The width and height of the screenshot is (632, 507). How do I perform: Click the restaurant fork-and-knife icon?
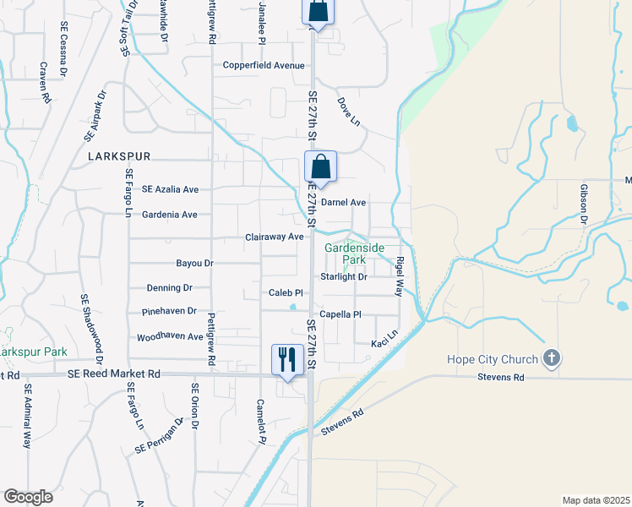click(286, 359)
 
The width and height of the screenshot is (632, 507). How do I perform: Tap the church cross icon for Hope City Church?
click(553, 357)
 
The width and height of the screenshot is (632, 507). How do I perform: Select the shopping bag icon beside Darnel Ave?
click(320, 165)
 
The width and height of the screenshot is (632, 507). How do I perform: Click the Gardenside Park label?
click(355, 253)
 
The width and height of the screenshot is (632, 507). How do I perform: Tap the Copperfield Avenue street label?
click(263, 65)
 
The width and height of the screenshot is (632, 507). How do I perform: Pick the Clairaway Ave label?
click(274, 237)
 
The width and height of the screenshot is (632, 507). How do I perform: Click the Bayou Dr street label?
click(195, 264)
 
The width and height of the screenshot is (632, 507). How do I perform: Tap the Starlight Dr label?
click(344, 276)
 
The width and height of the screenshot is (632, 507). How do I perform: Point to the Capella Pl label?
click(340, 314)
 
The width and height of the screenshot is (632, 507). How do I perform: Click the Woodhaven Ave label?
click(170, 336)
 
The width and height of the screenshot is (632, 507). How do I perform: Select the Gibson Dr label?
click(583, 204)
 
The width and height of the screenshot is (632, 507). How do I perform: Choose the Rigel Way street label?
click(400, 276)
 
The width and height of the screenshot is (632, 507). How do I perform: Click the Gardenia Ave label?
click(169, 215)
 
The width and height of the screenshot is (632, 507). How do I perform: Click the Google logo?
click(28, 497)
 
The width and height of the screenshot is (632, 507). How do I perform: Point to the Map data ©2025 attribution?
click(595, 500)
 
